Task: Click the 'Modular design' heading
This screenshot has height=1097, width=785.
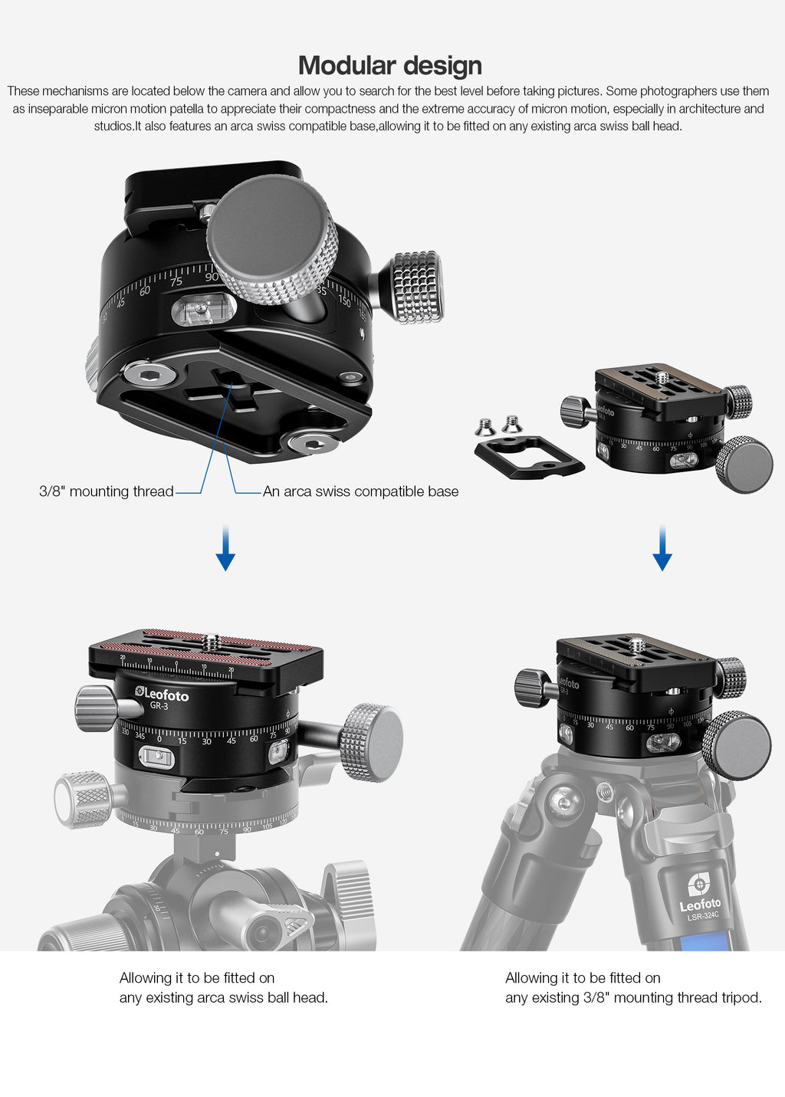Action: click(389, 66)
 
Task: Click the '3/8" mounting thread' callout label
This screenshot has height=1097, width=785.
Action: click(107, 491)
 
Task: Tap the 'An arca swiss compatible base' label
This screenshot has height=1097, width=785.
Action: click(360, 491)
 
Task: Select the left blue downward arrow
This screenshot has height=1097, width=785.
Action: click(225, 548)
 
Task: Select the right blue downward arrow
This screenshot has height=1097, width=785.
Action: click(662, 548)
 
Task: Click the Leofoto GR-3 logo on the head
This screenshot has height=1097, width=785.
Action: click(162, 698)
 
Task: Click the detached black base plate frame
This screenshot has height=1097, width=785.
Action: click(529, 457)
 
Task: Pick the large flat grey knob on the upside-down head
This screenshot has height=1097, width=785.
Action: click(272, 239)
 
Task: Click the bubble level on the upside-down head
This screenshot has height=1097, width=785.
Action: click(203, 310)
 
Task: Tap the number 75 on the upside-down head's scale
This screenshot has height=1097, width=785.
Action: click(176, 281)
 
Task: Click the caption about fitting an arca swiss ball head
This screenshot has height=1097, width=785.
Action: click(223, 987)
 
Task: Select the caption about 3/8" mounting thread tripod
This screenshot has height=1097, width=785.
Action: click(633, 987)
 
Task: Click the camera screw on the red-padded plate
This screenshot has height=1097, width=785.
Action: click(211, 641)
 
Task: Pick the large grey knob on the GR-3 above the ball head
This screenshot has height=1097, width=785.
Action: click(372, 742)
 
